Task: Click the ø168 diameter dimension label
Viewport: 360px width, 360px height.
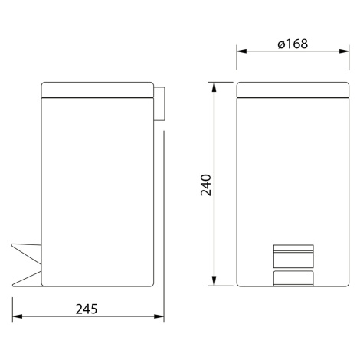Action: click(x=293, y=44)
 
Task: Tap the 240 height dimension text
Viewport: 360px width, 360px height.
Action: click(x=206, y=185)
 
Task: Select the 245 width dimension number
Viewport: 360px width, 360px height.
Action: click(x=87, y=309)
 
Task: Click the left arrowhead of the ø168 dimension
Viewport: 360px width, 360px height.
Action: click(x=241, y=51)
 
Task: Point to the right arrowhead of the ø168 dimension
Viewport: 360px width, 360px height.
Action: click(x=344, y=51)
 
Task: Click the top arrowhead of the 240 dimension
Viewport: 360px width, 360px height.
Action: click(x=214, y=87)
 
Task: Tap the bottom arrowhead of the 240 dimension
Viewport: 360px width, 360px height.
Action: click(x=214, y=281)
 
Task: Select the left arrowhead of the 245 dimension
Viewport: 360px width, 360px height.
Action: click(x=18, y=316)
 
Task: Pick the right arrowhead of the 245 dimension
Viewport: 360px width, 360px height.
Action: click(x=159, y=316)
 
